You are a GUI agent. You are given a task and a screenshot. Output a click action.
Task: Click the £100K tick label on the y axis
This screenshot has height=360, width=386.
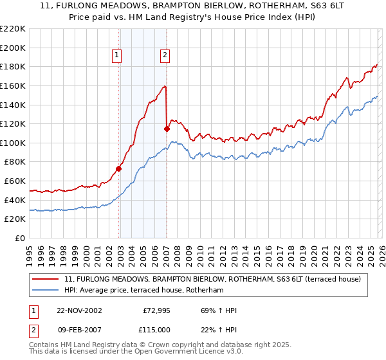coord(13,143)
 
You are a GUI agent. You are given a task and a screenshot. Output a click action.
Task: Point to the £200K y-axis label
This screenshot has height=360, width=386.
coord(13,48)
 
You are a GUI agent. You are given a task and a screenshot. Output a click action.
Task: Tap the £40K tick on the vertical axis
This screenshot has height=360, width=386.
coord(15,200)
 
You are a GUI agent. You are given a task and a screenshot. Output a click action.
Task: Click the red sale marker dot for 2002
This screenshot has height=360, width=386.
coord(119,169)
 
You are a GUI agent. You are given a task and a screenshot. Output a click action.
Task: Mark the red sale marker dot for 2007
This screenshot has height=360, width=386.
coord(167,129)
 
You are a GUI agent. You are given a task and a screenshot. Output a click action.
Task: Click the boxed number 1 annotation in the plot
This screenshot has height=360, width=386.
coord(117,56)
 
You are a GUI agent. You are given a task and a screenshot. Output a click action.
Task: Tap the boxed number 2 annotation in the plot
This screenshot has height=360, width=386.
coord(165,56)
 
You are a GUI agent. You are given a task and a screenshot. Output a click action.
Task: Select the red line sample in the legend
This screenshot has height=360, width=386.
coord(46,280)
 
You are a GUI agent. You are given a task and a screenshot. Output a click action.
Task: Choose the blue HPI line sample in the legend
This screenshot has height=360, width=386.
coord(46,291)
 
